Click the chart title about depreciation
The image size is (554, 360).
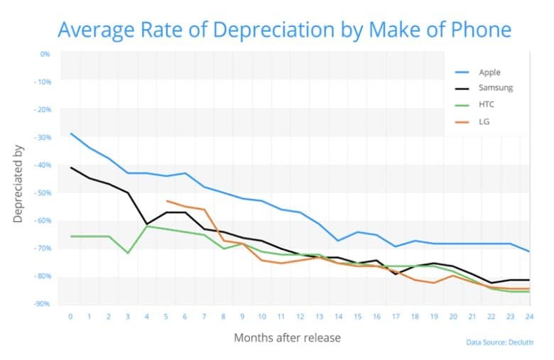(x=284, y=30)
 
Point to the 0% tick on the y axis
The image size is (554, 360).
(x=45, y=54)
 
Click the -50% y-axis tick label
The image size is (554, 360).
(x=43, y=193)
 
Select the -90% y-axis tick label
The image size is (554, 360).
(x=43, y=304)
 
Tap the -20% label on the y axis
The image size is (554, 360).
(x=43, y=109)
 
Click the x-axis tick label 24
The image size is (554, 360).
(x=528, y=315)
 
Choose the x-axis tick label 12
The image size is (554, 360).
(x=300, y=315)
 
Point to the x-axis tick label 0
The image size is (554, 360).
(x=71, y=315)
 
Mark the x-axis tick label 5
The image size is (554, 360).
(x=166, y=315)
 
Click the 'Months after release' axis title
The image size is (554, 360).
(x=287, y=337)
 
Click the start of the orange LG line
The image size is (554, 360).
(x=166, y=201)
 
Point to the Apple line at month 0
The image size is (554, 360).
(x=71, y=133)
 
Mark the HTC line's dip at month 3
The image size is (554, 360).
(x=128, y=253)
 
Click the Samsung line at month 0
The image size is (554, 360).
(x=71, y=168)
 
